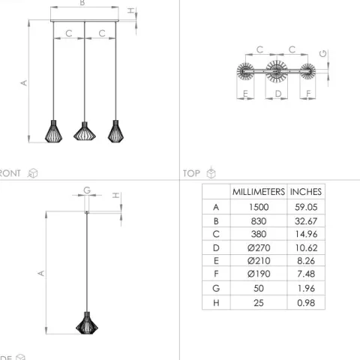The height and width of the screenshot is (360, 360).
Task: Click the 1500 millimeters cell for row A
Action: (259, 207)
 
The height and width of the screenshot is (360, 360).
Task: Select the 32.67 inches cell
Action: (306, 221)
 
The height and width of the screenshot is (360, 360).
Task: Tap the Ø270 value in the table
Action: (259, 247)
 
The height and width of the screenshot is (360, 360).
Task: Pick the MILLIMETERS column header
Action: (259, 192)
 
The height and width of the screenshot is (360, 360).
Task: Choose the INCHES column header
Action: (306, 192)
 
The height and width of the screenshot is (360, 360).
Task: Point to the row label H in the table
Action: (216, 303)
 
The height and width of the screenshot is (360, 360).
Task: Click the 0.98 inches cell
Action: (306, 303)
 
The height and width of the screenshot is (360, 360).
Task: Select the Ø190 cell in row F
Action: (259, 274)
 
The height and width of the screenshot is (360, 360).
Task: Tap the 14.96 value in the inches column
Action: (306, 234)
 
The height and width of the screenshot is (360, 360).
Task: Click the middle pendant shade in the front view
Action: (85, 131)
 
